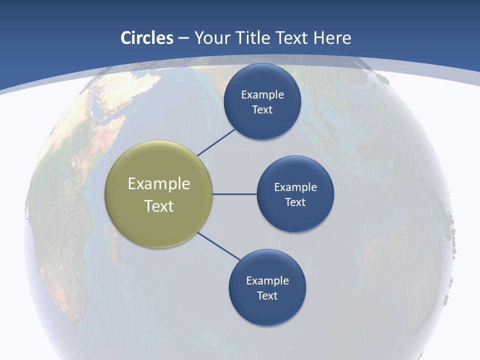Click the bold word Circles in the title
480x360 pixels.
[x=147, y=38]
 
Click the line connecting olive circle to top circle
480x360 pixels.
[x=217, y=141]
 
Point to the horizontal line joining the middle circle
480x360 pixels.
[x=234, y=194]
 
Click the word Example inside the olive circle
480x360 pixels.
[x=159, y=184]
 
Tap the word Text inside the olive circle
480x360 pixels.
[x=159, y=206]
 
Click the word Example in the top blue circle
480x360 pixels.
[x=262, y=95]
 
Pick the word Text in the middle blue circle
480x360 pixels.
[x=295, y=202]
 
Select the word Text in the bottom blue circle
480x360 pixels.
[x=267, y=296]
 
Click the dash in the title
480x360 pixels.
[x=183, y=38]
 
